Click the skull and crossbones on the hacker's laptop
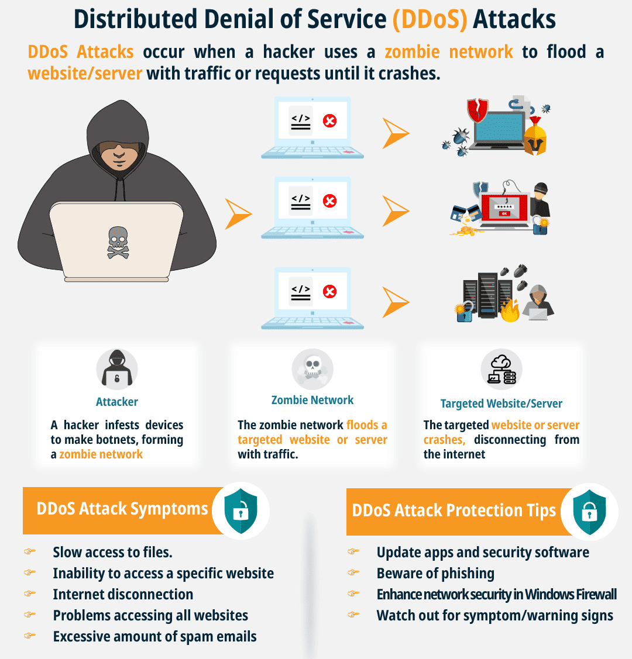pyautogui.click(x=118, y=242)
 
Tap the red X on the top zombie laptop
pyautogui.click(x=330, y=121)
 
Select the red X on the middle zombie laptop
pyautogui.click(x=330, y=201)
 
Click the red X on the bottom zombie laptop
pyautogui.click(x=330, y=291)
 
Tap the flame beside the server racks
pyautogui.click(x=510, y=310)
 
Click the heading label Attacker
pyautogui.click(x=117, y=402)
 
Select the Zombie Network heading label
pyautogui.click(x=312, y=401)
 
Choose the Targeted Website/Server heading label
pyautogui.click(x=502, y=404)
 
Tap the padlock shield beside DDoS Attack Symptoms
pyautogui.click(x=240, y=511)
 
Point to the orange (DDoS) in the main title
pyautogui.click(x=430, y=19)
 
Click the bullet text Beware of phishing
pyautogui.click(x=435, y=574)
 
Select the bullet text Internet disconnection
pyautogui.click(x=123, y=595)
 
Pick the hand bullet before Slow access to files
pyautogui.click(x=30, y=551)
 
